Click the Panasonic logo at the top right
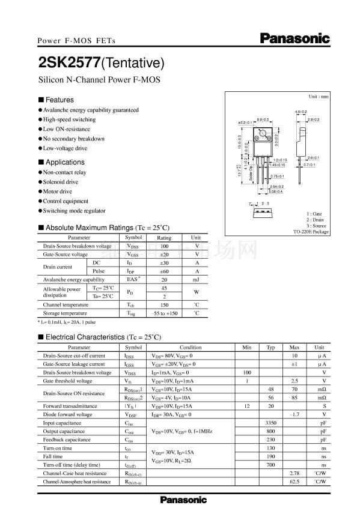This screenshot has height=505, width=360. [295, 38]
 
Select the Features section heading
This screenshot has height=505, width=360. [59, 100]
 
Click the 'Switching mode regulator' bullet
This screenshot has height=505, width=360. [74, 211]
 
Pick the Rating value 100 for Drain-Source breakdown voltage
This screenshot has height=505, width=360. [164, 246]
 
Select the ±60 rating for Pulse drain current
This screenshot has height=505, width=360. [164, 271]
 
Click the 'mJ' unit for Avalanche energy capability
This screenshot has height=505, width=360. [196, 280]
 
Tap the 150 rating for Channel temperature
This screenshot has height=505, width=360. [164, 305]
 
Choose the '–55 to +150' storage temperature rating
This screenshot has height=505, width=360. [164, 313]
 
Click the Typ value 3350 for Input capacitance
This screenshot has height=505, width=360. [270, 423]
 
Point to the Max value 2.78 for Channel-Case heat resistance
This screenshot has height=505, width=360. [294, 473]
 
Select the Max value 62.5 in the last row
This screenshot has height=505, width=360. [294, 482]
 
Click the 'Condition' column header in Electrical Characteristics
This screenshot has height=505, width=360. [191, 348]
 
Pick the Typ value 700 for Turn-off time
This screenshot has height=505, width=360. [270, 465]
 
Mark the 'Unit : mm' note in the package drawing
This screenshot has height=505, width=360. [319, 96]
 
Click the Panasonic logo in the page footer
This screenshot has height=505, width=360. [183, 500]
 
